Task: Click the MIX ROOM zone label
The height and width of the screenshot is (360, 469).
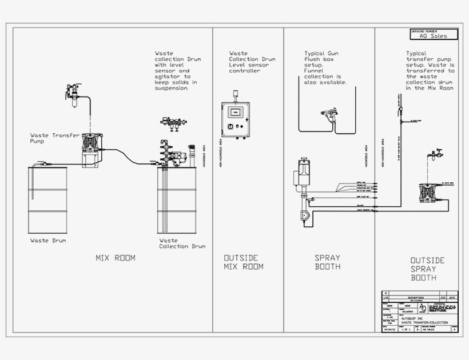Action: click(x=116, y=258)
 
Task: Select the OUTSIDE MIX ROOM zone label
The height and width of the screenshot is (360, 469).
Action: click(x=243, y=262)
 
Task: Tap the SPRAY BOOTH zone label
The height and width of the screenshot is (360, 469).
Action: click(x=328, y=262)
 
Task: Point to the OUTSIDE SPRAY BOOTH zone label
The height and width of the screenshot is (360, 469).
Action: click(x=427, y=269)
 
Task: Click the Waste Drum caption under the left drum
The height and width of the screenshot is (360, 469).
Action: click(x=48, y=241)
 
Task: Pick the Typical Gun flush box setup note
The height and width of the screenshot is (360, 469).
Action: click(x=325, y=68)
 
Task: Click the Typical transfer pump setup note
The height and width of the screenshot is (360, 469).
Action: click(x=430, y=70)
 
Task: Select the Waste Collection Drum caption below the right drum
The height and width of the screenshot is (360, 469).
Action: click(x=182, y=243)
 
